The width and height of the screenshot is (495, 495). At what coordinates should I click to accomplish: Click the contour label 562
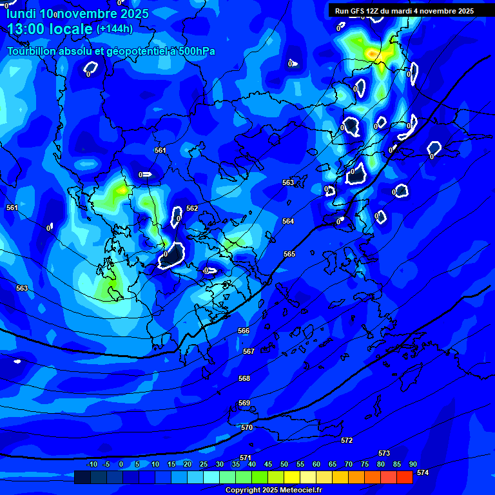click(192, 208)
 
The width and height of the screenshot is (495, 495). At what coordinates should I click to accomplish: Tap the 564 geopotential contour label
click(288, 221)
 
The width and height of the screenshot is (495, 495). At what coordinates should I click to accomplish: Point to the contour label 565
click(289, 255)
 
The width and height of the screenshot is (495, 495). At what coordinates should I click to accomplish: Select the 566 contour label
click(244, 331)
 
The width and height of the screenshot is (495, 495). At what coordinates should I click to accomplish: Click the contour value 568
click(244, 378)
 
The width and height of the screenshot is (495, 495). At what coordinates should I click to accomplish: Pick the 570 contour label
click(247, 427)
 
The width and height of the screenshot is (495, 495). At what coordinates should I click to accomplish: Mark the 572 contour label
click(347, 440)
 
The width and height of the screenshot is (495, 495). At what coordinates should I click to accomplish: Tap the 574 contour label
click(423, 472)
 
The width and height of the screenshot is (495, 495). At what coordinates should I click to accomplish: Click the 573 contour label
click(384, 453)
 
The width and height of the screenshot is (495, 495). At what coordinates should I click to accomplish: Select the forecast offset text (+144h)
click(115, 29)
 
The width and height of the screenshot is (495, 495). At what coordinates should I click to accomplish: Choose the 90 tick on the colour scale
click(413, 464)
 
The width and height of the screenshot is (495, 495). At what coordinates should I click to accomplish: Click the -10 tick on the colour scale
click(92, 464)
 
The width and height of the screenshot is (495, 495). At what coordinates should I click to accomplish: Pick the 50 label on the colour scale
click(284, 464)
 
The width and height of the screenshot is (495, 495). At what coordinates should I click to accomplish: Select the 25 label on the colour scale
click(204, 464)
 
